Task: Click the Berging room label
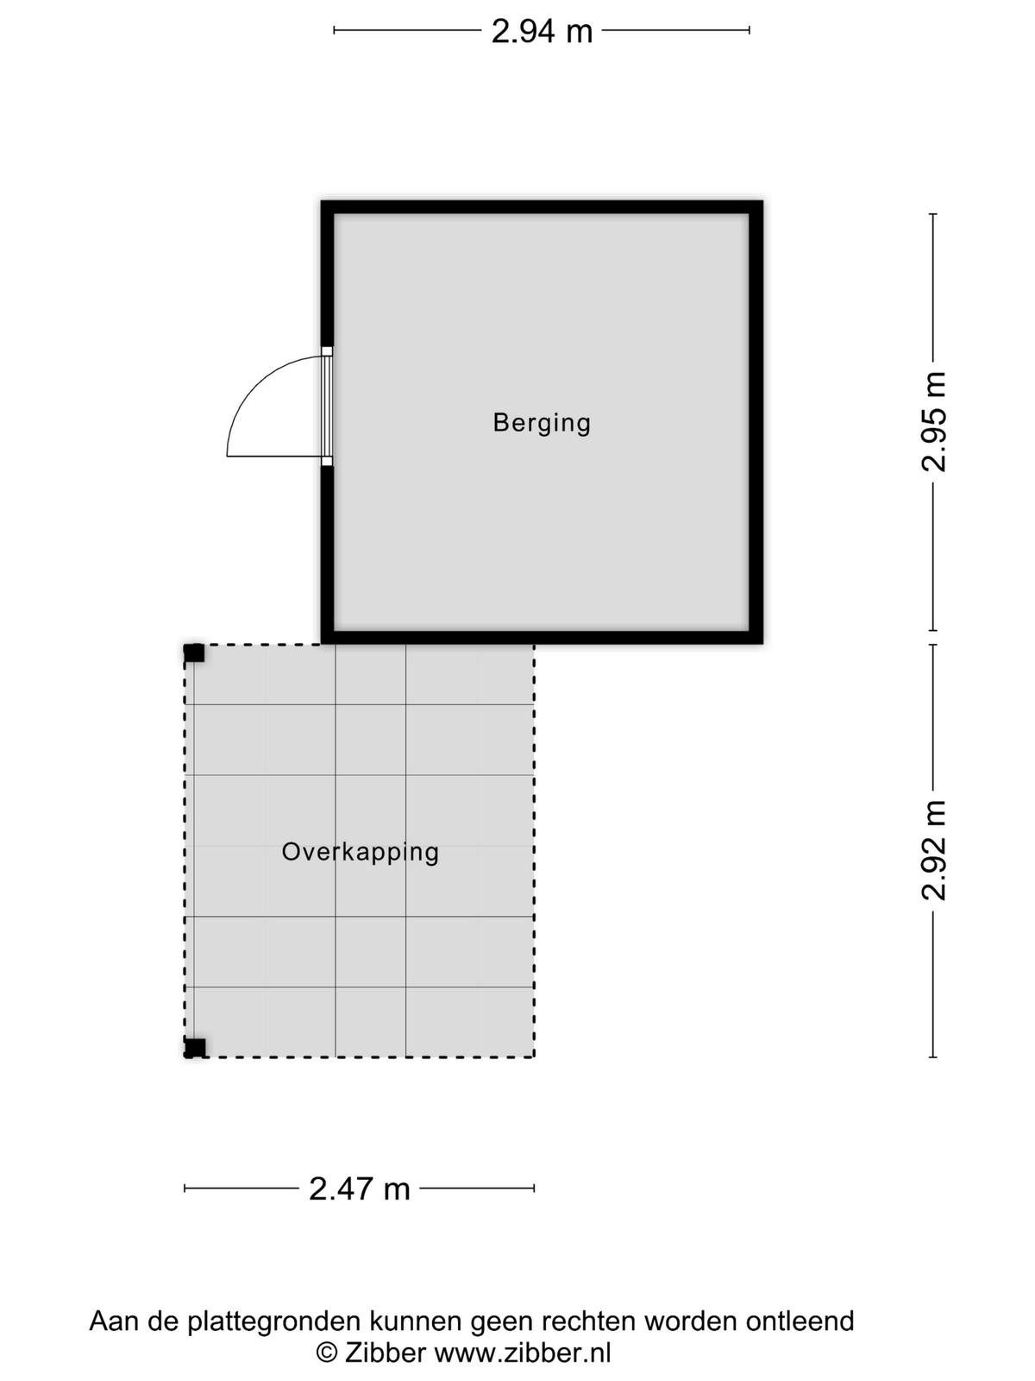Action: pos(542,424)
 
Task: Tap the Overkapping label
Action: pos(360,853)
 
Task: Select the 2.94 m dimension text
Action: pos(542,31)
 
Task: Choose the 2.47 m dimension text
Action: pos(360,1189)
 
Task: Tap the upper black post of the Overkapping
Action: pos(194,653)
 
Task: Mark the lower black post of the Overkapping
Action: pos(194,1048)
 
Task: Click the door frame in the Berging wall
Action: pos(327,407)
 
